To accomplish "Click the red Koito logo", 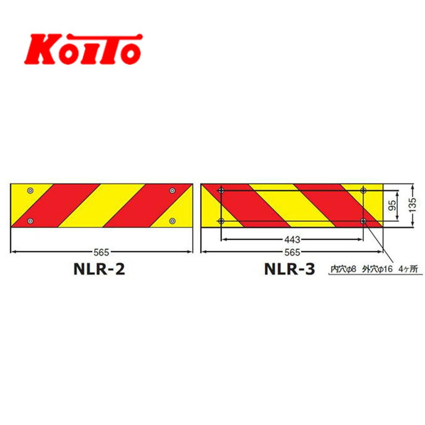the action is pyautogui.click(x=83, y=49).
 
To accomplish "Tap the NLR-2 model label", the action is pyautogui.click(x=99, y=269).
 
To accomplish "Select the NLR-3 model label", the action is pyautogui.click(x=290, y=269).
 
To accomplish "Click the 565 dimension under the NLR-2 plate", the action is pyautogui.click(x=101, y=252).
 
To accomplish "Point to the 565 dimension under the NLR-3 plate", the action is pyautogui.click(x=292, y=252).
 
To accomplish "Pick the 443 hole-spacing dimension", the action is pyautogui.click(x=292, y=240).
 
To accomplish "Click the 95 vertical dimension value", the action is pyautogui.click(x=392, y=205).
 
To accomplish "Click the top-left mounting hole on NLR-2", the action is pyautogui.click(x=31, y=190).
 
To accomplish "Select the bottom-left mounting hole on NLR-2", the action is pyautogui.click(x=31, y=221).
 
